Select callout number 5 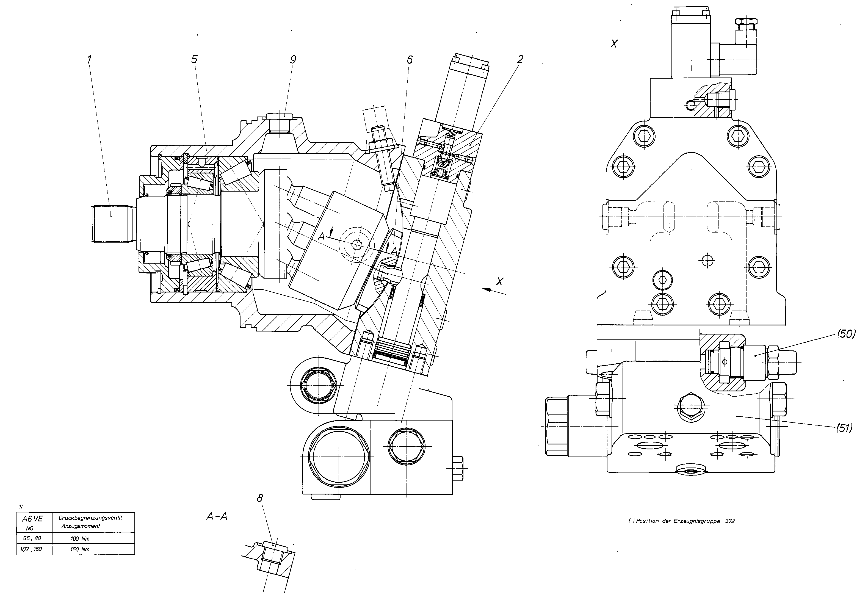[x=194, y=59]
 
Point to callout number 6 [x=410, y=59]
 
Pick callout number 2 [x=520, y=59]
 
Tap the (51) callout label [x=844, y=428]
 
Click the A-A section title [x=217, y=516]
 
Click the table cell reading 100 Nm [x=80, y=538]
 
